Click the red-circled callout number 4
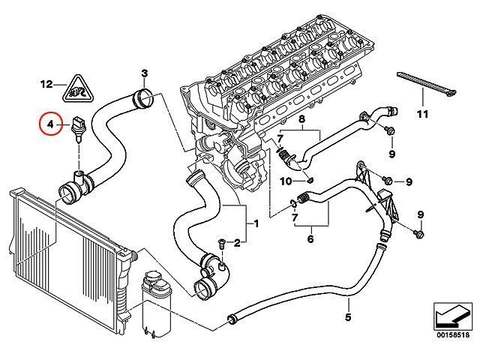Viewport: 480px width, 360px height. click(x=50, y=124)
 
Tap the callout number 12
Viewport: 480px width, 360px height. click(x=47, y=85)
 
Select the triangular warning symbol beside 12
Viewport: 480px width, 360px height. click(x=76, y=89)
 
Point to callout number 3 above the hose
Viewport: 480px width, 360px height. click(x=145, y=73)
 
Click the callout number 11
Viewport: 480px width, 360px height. click(x=422, y=114)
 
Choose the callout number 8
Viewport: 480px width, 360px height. click(x=301, y=120)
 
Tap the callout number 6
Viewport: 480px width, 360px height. click(x=309, y=239)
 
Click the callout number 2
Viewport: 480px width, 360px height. click(x=237, y=241)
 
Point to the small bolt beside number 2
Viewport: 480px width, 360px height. click(x=222, y=242)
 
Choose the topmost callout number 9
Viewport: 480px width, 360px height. click(x=391, y=154)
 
